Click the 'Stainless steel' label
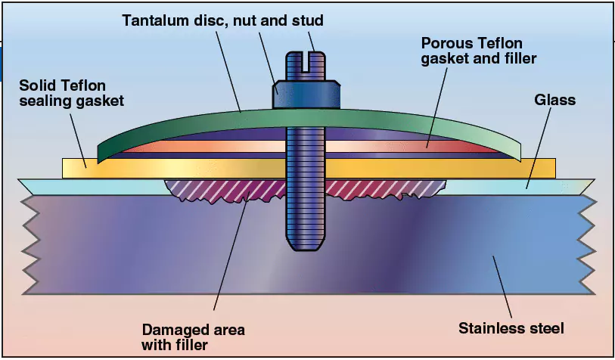tap(511, 328)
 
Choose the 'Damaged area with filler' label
tap(193, 337)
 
